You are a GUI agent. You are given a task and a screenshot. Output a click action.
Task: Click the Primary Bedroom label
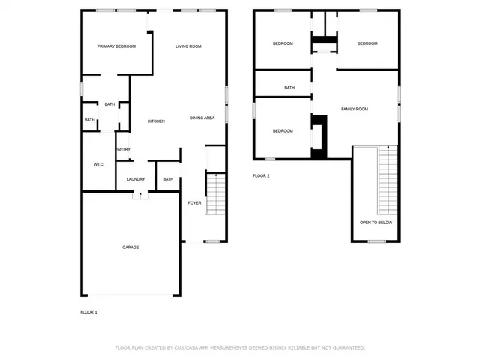click(116, 46)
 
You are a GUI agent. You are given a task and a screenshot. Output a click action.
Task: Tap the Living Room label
click(188, 46)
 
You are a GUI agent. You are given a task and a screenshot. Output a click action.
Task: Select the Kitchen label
click(156, 121)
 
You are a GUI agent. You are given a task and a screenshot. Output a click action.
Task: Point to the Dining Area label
click(202, 118)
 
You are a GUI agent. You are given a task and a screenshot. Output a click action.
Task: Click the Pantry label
click(124, 149)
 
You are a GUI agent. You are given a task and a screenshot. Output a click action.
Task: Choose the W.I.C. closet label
click(98, 164)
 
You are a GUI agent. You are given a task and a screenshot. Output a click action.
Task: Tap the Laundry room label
click(136, 179)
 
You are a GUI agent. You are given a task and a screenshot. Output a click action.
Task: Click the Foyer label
click(194, 202)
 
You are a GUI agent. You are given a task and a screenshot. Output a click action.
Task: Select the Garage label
click(130, 247)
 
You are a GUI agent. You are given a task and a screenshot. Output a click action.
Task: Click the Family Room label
click(355, 109)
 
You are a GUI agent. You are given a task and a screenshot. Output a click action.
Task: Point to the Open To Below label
click(376, 223)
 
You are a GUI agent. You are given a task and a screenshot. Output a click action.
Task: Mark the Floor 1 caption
click(89, 311)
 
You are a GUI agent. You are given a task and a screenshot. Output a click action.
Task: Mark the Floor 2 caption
click(261, 175)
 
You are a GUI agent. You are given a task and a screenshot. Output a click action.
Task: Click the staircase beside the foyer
click(215, 193)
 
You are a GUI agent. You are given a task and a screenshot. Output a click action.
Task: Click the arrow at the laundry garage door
click(140, 195)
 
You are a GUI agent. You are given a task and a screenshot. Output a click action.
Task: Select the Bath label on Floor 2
click(289, 88)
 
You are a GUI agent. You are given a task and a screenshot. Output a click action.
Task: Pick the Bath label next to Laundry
click(168, 179)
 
